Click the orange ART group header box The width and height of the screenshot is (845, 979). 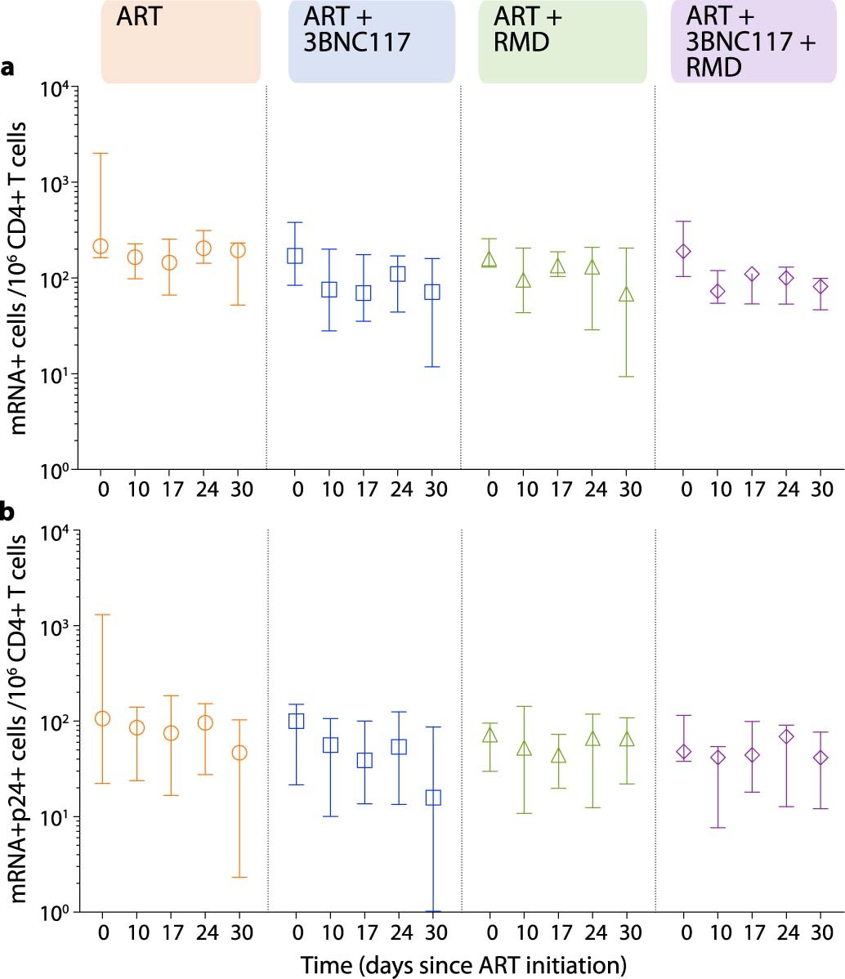[181, 42]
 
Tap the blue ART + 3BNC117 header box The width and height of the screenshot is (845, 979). [372, 42]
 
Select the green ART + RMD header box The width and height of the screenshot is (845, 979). [563, 42]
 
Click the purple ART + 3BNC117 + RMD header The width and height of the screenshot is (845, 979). [754, 42]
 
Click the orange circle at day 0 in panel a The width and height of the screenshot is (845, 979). [101, 246]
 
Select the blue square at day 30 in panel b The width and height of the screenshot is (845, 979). [433, 797]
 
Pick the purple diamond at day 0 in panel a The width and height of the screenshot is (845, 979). [684, 251]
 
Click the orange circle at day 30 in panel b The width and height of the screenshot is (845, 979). [239, 753]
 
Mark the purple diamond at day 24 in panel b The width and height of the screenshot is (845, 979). [786, 736]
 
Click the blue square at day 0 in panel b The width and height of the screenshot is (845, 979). [296, 720]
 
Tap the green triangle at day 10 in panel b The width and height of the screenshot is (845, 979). [524, 748]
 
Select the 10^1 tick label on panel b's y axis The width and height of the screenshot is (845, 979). [56, 817]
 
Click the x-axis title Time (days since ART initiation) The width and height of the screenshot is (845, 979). [463, 964]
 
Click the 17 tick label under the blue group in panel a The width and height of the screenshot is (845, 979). [363, 489]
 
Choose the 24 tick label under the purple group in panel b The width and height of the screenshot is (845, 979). [786, 932]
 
